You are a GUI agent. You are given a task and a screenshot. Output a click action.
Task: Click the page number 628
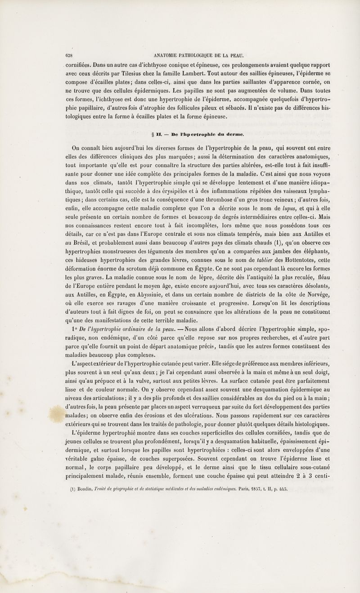[69, 56]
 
